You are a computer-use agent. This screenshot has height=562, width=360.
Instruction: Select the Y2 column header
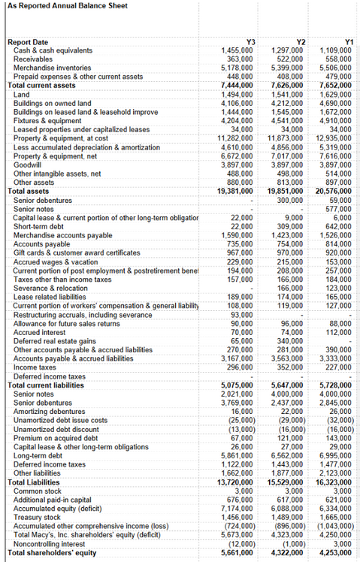tap(299, 41)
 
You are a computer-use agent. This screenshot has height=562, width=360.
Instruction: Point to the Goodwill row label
tap(28, 164)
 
